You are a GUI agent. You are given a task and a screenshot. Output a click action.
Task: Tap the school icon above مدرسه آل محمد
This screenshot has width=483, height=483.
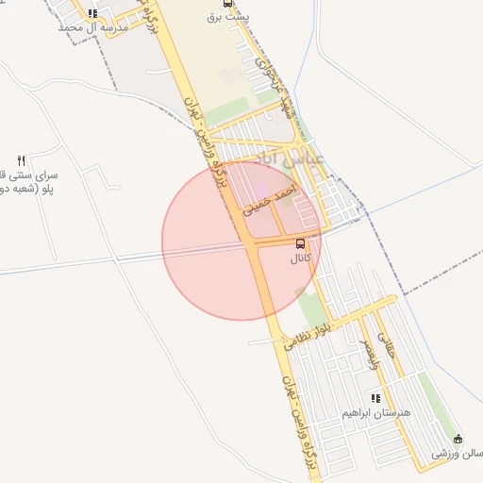pos(92,13)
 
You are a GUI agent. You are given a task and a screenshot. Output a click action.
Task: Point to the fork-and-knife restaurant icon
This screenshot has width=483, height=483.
pos(22,159)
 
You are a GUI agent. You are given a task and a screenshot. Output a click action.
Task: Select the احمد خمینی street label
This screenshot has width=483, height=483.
pos(269,199)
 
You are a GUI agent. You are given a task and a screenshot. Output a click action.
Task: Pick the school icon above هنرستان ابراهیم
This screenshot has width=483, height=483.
pos(376,399)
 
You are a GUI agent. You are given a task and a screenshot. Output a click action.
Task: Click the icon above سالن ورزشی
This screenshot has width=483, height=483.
pos(458,439)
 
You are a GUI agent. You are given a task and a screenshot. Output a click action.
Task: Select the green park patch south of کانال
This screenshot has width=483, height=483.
pos(310,311)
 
